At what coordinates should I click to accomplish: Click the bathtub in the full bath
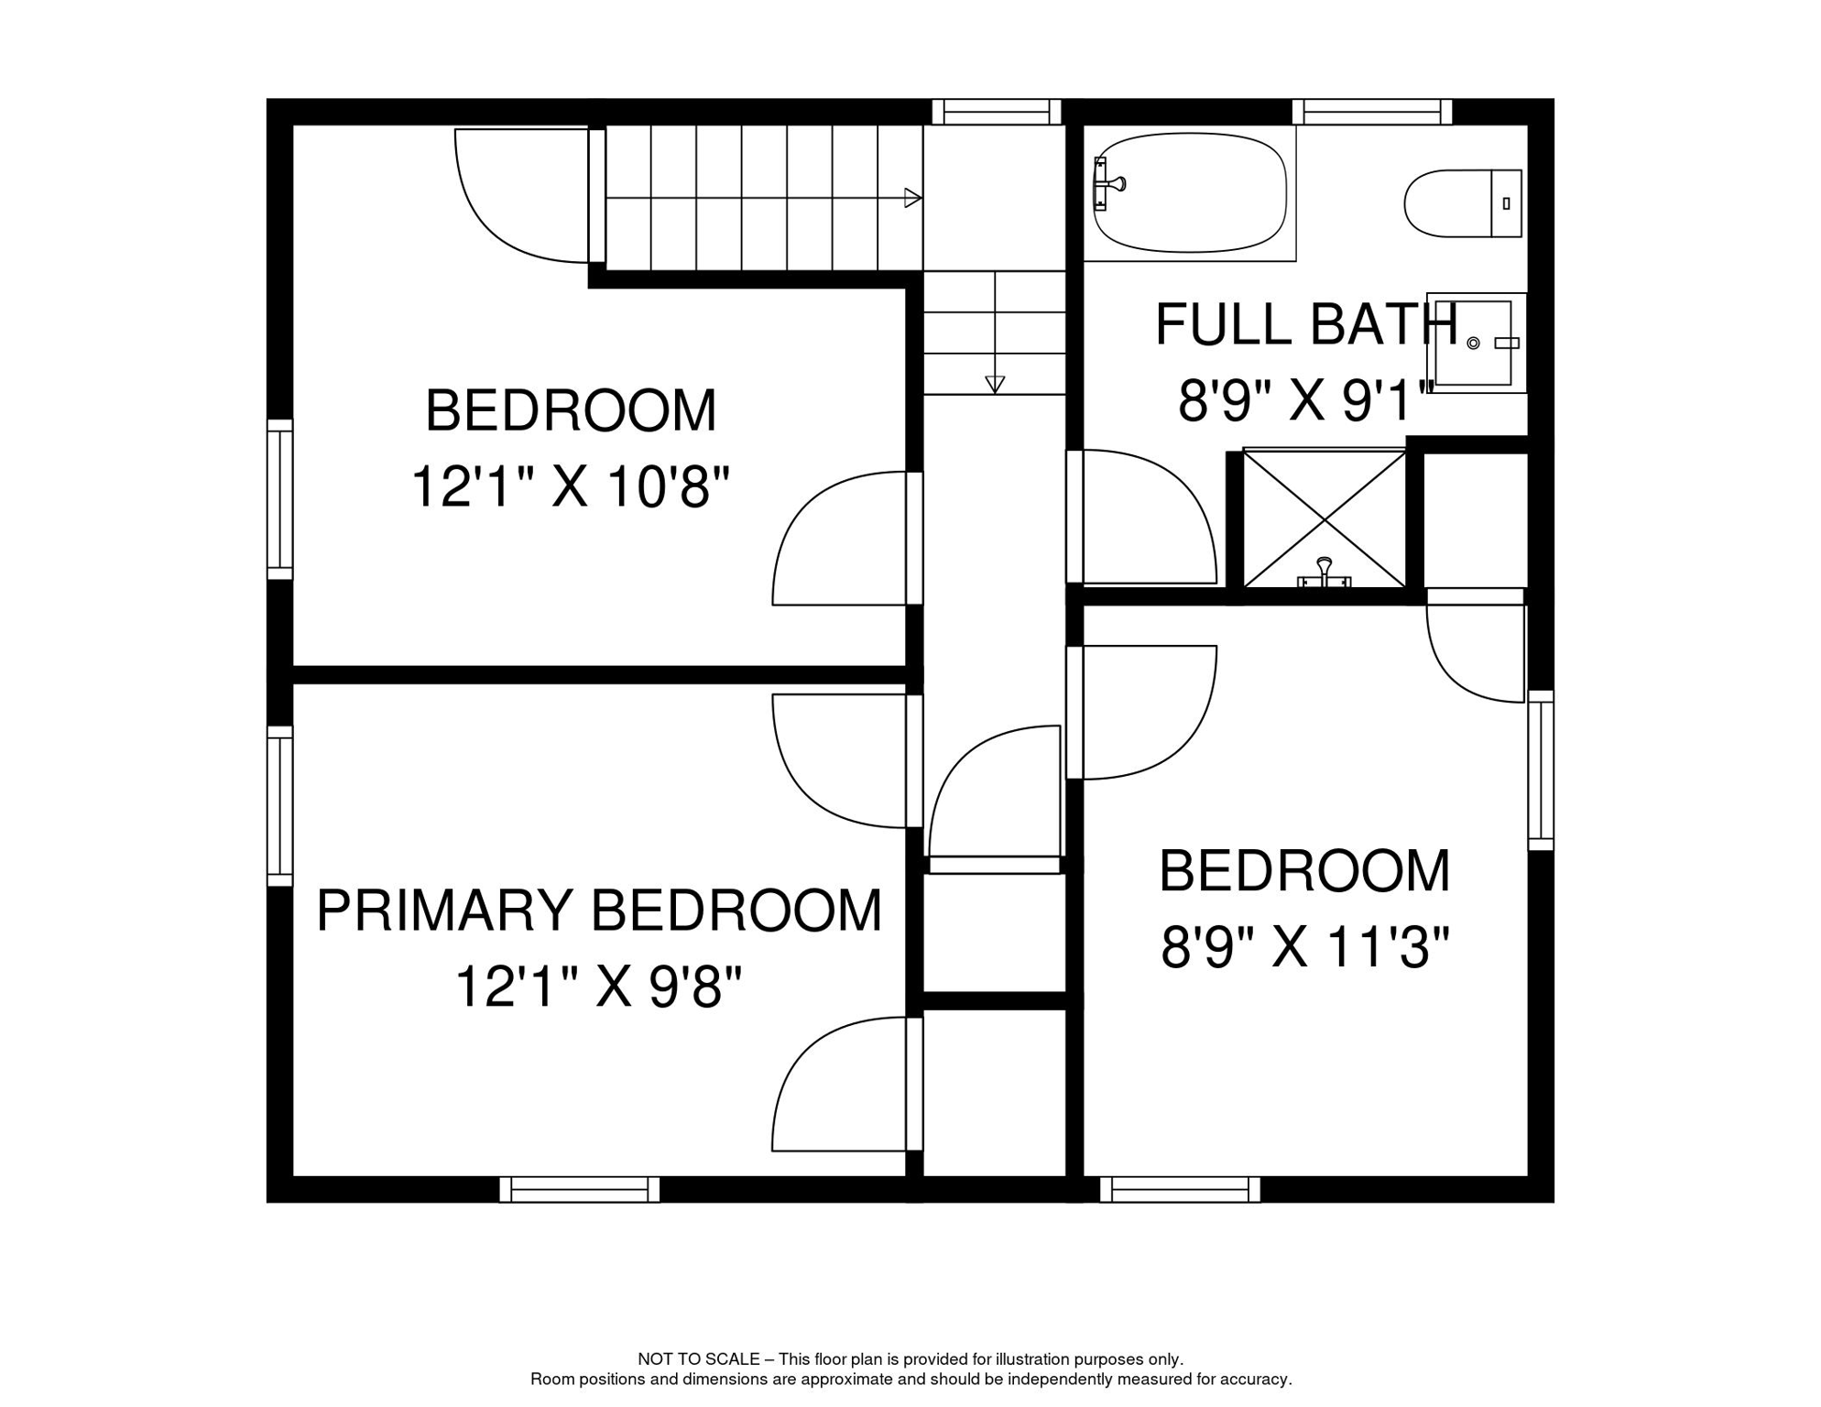1191,193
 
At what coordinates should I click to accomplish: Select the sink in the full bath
1476,343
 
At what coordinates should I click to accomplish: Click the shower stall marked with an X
1325,518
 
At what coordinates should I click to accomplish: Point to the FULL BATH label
1305,324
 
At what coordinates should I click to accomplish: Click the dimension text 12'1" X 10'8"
570,486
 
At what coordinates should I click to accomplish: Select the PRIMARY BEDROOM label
599,911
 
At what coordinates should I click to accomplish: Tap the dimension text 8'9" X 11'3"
1305,948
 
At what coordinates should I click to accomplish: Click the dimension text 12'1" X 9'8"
597,987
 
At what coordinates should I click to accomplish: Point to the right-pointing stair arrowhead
912,198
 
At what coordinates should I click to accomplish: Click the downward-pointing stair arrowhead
995,385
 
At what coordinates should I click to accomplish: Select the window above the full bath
1371,112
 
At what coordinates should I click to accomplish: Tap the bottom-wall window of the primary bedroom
579,1189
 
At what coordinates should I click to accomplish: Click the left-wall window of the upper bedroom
279,499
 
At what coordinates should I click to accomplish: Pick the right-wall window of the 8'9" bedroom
1541,770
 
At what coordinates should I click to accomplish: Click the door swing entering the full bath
1145,518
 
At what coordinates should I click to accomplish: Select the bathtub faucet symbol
1107,184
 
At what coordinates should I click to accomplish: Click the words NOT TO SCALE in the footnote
698,1359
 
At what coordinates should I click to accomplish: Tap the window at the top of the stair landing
996,112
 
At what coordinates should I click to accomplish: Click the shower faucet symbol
1324,573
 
